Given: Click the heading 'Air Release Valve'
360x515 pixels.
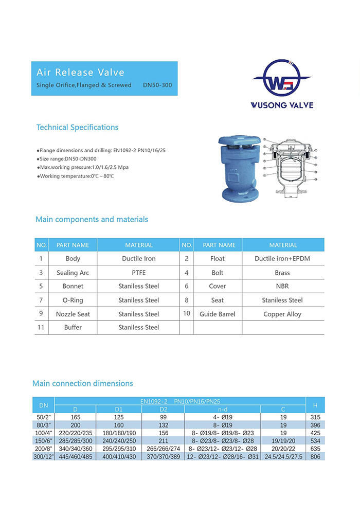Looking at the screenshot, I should click(x=80, y=72).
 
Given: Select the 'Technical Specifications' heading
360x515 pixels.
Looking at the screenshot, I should click(x=77, y=128).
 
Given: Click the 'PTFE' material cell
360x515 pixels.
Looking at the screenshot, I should click(x=138, y=273).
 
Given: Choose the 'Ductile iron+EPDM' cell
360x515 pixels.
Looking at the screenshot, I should click(x=282, y=259).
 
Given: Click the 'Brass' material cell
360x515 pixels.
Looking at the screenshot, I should click(x=282, y=273).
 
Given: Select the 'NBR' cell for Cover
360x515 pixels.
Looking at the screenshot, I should click(x=282, y=286).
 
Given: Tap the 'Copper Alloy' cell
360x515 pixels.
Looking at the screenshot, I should click(x=282, y=314).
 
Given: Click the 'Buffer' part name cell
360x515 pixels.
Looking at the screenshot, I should click(x=73, y=327).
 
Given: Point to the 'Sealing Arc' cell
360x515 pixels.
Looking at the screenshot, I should click(x=73, y=273).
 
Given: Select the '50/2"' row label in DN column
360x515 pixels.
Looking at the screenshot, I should click(x=44, y=417).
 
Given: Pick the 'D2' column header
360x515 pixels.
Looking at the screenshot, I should click(x=163, y=410).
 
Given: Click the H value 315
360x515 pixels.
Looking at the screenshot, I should click(x=315, y=417).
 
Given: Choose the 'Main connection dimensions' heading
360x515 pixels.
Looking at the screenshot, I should click(x=82, y=383).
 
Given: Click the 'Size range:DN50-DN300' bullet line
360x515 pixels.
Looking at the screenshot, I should click(x=66, y=159).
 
